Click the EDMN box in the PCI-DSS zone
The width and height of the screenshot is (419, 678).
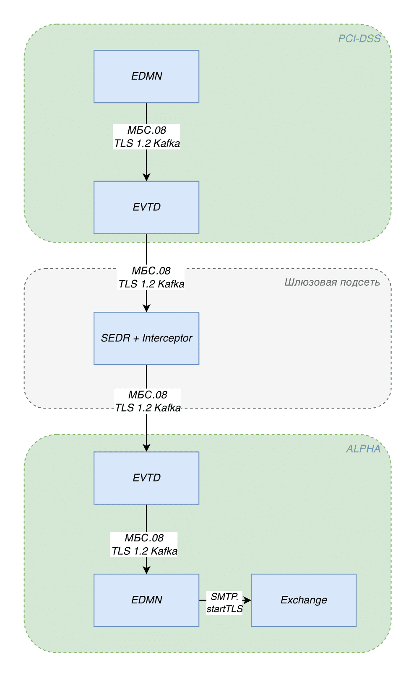point(146,76)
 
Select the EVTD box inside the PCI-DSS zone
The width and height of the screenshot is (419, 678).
point(146,207)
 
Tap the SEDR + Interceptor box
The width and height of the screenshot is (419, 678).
point(146,338)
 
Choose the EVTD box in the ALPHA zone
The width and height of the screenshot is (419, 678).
point(146,478)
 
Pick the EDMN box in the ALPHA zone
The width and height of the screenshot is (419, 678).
point(146,600)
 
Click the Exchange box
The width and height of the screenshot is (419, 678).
point(304,600)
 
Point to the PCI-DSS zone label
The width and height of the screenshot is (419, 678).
point(359,39)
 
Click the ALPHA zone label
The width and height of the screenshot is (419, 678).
point(363,448)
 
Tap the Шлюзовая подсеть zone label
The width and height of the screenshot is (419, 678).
point(332,282)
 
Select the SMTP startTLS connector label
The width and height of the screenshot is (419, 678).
point(224,602)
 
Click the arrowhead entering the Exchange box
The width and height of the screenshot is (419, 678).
point(247,600)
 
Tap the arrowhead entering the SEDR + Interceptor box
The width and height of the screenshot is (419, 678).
point(146,308)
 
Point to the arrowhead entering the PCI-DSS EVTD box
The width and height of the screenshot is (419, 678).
point(146,177)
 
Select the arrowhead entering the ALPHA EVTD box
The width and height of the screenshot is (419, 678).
point(146,448)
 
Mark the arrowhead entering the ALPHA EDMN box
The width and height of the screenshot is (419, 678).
point(146,570)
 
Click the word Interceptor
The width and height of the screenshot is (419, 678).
point(167,338)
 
